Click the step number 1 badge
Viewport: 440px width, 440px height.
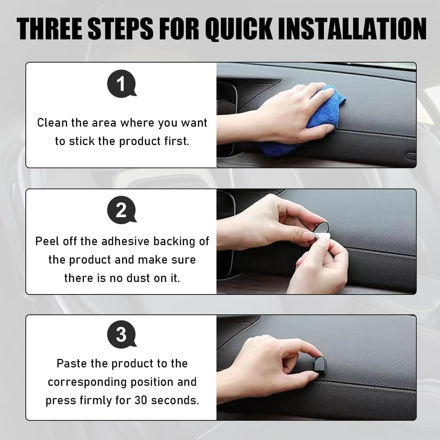pyautogui.click(x=121, y=84)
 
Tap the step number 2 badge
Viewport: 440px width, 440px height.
pyautogui.click(x=121, y=210)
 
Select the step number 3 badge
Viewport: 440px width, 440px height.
pyautogui.click(x=121, y=334)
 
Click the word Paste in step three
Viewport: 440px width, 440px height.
pyautogui.click(x=72, y=363)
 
